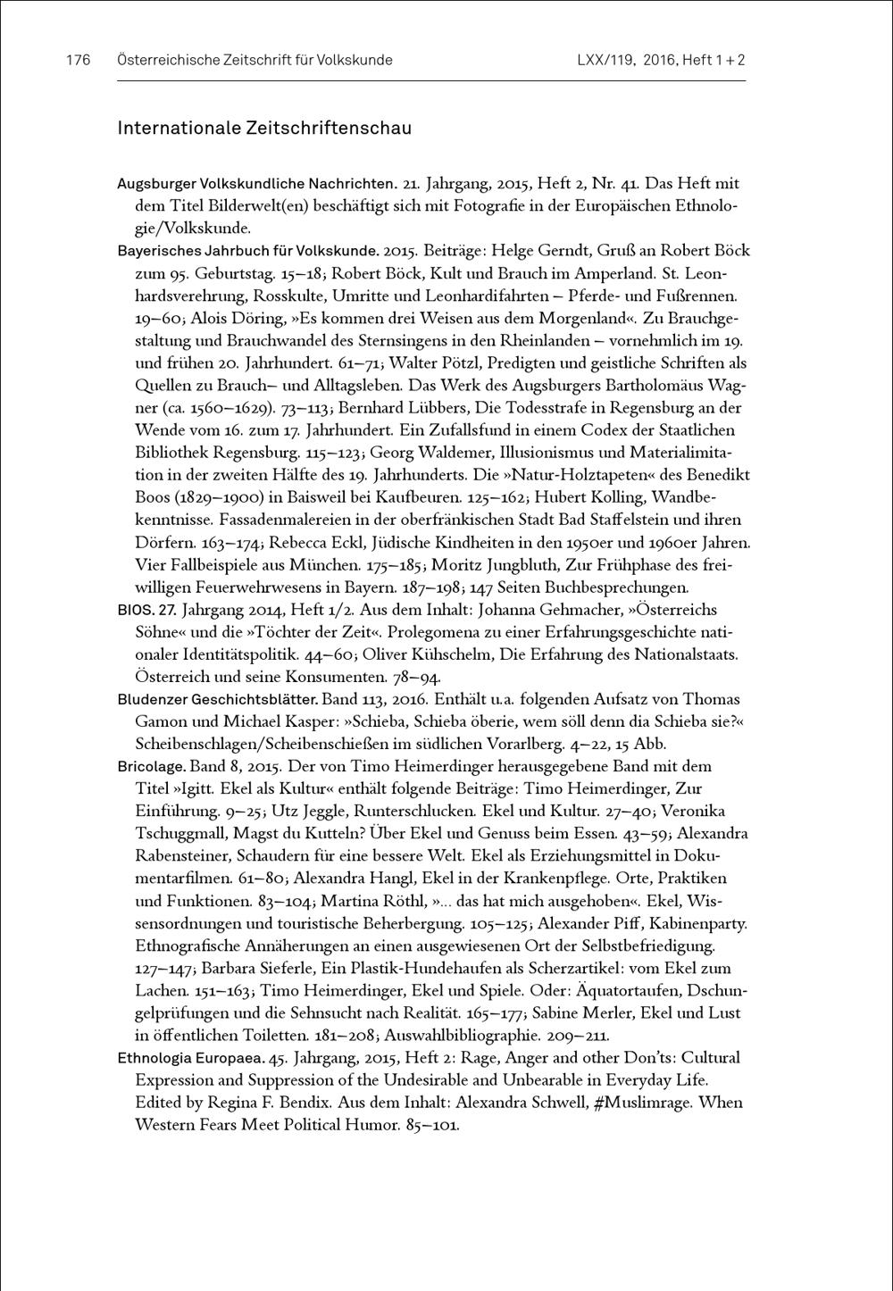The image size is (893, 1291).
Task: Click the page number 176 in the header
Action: tap(79, 61)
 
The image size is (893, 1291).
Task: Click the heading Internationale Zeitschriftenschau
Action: tap(264, 129)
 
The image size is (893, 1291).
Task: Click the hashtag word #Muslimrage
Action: tap(643, 1103)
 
